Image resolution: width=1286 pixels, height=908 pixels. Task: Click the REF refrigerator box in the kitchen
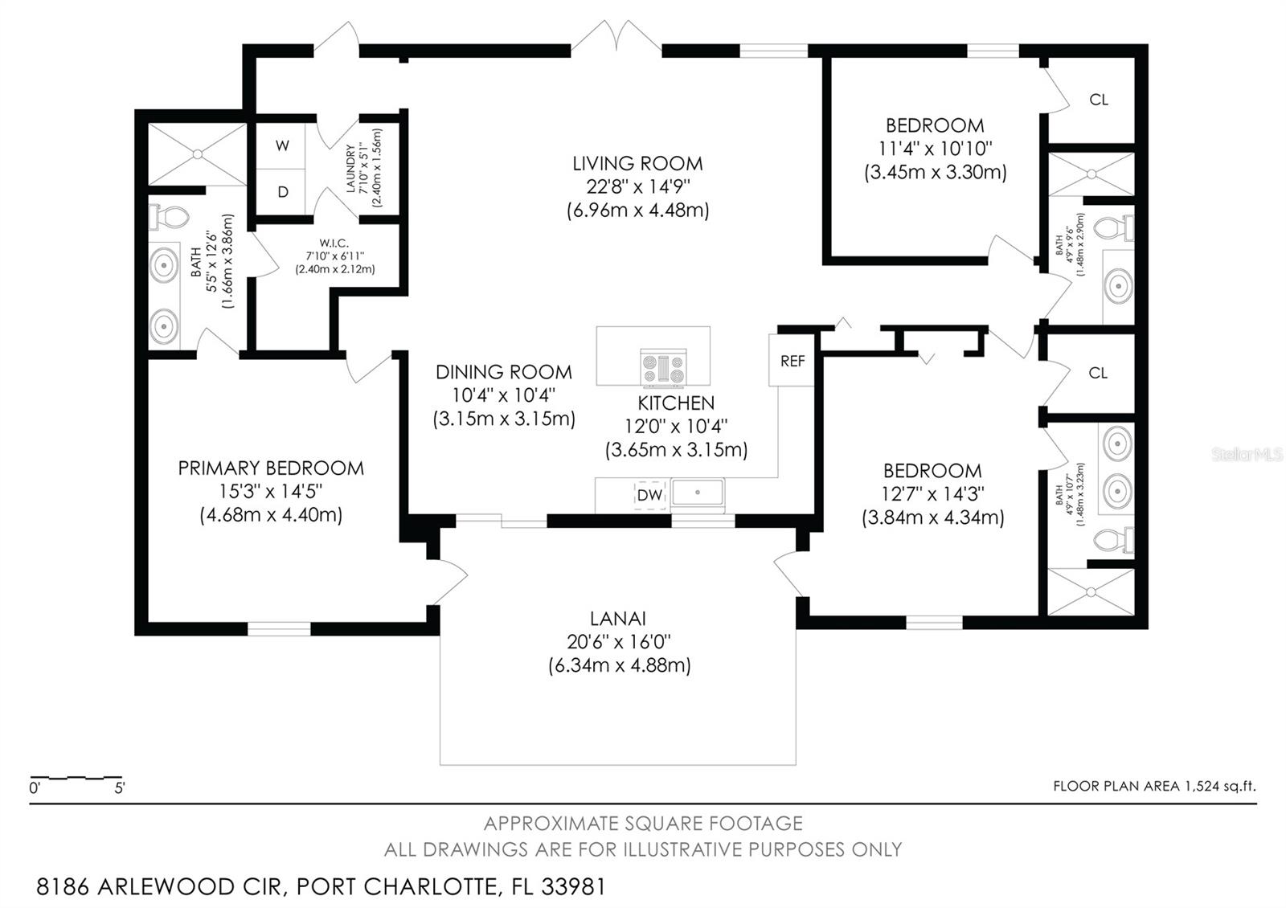click(x=792, y=360)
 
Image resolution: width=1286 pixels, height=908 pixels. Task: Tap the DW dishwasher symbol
click(x=650, y=495)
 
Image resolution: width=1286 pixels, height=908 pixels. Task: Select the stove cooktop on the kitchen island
click(x=664, y=366)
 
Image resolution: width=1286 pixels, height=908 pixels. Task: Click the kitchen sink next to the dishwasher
click(x=698, y=493)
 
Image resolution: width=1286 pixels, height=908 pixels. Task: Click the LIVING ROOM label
click(x=637, y=164)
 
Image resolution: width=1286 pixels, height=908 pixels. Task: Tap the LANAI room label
click(x=618, y=618)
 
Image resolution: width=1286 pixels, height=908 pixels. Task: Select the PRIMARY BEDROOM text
click(x=271, y=468)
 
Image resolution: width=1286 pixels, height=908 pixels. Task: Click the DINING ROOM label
click(x=503, y=372)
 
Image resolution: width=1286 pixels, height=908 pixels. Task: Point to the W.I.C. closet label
click(x=334, y=243)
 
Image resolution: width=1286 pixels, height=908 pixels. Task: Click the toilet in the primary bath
click(x=169, y=218)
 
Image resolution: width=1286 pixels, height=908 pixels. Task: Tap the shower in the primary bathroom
click(x=198, y=153)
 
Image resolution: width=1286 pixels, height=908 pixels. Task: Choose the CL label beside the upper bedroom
click(x=1098, y=100)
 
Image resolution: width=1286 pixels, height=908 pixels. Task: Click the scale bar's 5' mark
click(x=120, y=788)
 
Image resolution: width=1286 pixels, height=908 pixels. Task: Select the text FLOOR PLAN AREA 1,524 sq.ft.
click(x=1154, y=786)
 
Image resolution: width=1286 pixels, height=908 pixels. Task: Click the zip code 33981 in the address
click(x=574, y=886)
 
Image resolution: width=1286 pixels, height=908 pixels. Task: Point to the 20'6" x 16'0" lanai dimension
click(x=618, y=641)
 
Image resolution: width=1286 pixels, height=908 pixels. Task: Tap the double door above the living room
click(x=616, y=36)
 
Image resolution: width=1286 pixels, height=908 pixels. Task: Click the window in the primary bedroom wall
click(x=279, y=628)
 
